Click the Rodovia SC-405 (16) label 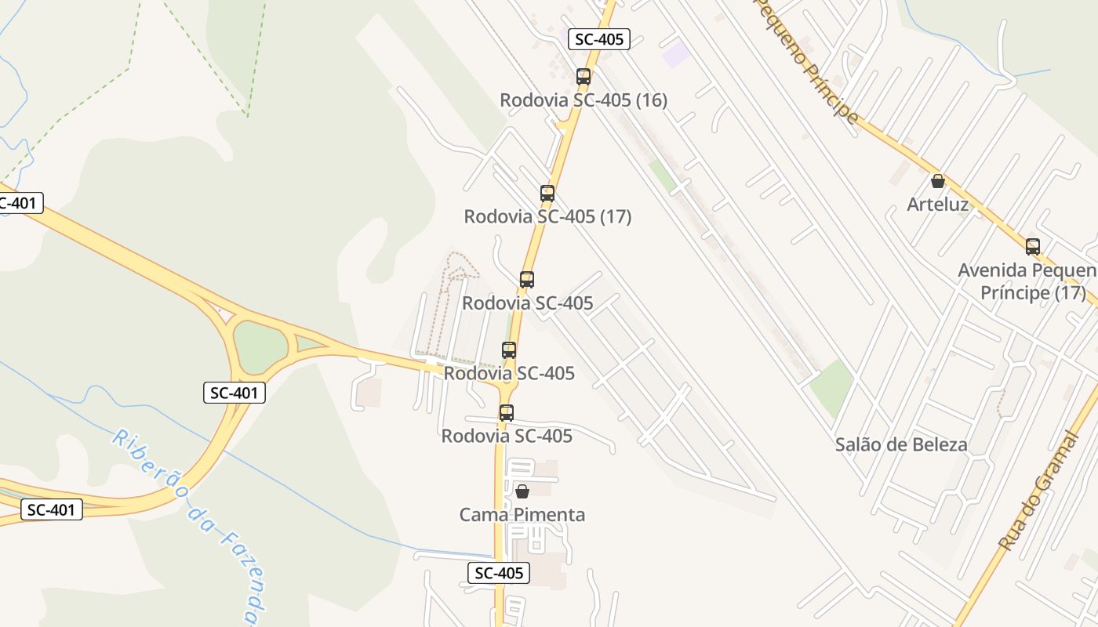click(584, 100)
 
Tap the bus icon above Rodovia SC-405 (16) click(584, 77)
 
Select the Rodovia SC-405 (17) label click(547, 216)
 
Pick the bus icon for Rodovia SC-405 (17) click(547, 193)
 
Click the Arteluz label click(937, 205)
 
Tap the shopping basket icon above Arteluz click(938, 181)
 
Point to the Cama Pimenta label click(522, 515)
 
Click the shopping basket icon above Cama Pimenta click(522, 491)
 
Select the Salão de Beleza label click(901, 445)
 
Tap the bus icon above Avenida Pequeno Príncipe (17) click(1033, 247)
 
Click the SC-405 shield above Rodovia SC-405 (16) click(599, 39)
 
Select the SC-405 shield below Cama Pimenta click(499, 573)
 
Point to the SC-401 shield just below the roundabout click(235, 393)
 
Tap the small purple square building click(676, 54)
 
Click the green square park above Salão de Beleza click(831, 387)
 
